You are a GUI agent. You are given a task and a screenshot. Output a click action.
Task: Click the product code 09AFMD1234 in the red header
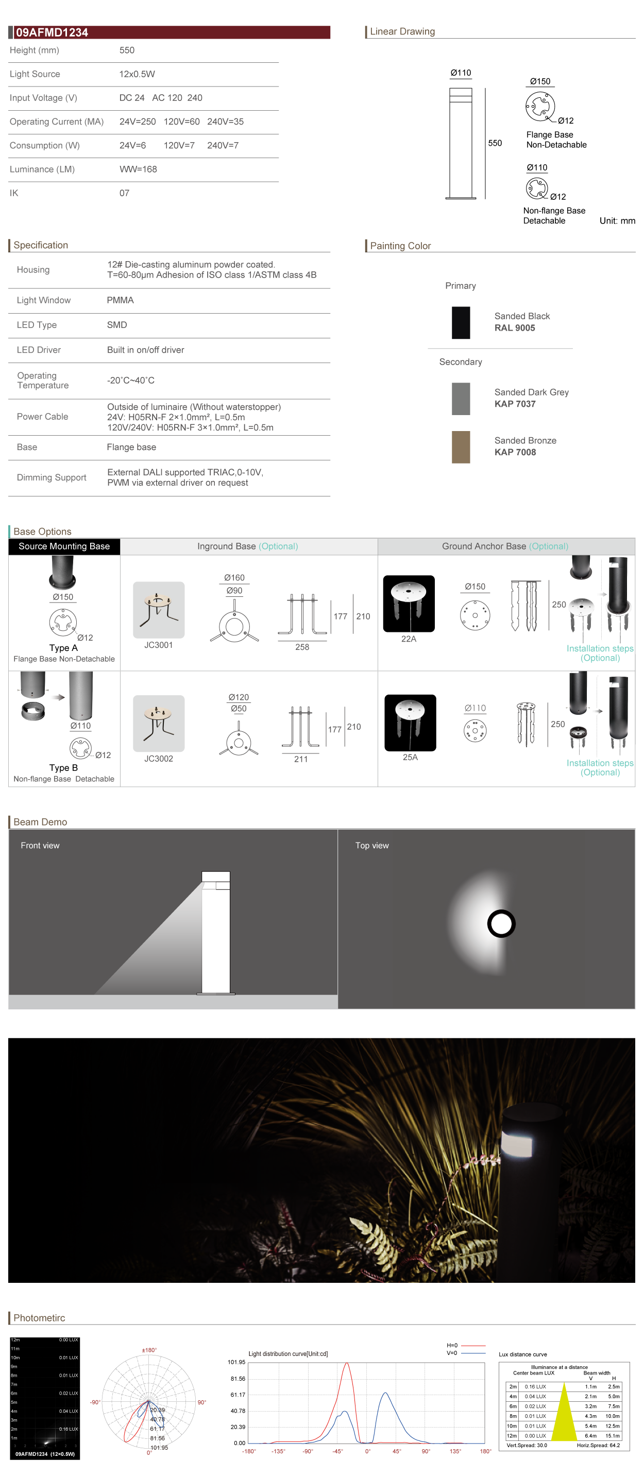tap(52, 32)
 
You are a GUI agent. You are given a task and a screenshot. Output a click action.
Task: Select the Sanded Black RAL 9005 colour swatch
tap(461, 323)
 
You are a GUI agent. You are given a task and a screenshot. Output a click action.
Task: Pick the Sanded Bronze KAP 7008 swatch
tap(461, 446)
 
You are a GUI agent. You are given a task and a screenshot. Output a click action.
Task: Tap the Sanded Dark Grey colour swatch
tap(461, 399)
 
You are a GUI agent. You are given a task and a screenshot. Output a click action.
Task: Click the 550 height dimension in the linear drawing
tap(494, 143)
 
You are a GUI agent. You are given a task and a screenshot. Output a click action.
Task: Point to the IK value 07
tap(124, 193)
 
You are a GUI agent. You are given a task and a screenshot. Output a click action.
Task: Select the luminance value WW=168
tap(138, 169)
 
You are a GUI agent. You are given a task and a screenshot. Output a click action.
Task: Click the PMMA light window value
tap(120, 300)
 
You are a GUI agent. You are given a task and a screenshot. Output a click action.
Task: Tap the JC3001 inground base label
tap(158, 645)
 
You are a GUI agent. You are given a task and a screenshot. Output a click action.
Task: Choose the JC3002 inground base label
tap(158, 759)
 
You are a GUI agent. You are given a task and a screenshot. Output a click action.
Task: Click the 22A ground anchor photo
tap(409, 604)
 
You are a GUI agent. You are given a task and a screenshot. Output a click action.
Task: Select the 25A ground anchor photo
tap(410, 723)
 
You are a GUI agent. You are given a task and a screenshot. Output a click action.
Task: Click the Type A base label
tap(63, 648)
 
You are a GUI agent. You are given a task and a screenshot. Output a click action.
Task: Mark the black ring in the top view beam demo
tap(501, 924)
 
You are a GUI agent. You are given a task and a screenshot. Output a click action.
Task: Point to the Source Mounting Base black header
tap(64, 546)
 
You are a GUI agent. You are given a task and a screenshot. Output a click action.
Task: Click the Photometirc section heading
tap(39, 1317)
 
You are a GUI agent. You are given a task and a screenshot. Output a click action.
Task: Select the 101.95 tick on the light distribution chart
tap(236, 1362)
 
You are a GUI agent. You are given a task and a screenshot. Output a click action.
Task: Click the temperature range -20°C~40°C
tap(130, 381)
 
